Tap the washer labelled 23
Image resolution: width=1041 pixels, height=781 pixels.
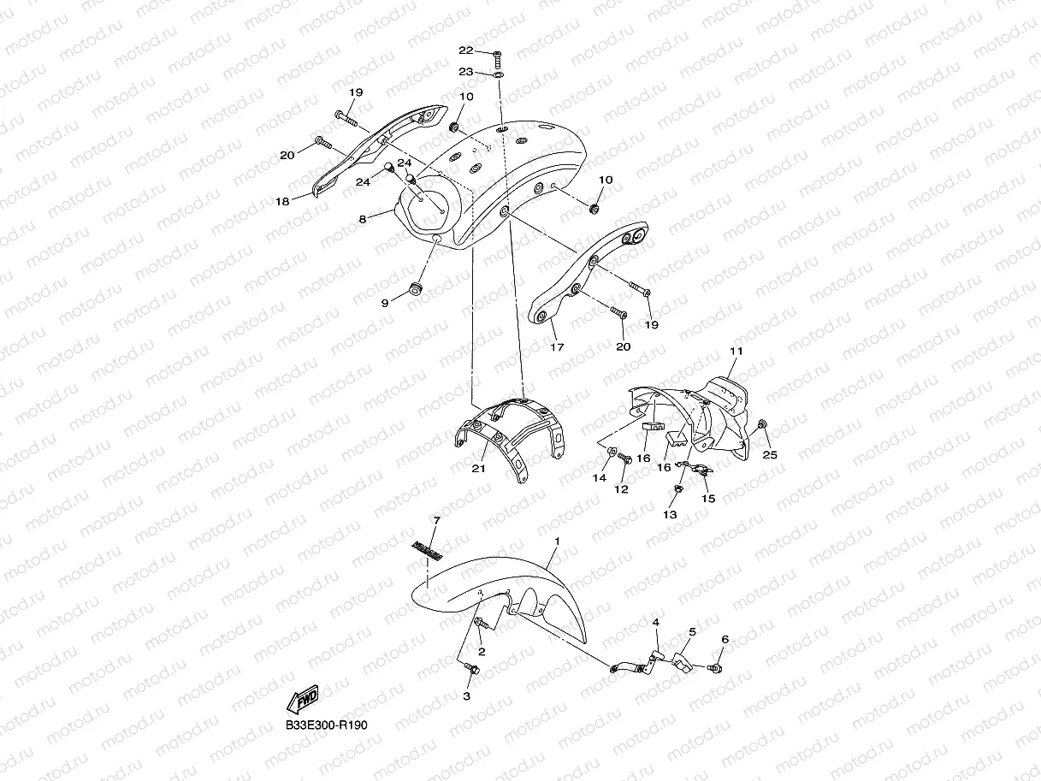[x=498, y=74]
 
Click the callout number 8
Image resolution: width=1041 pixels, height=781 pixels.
[x=363, y=219]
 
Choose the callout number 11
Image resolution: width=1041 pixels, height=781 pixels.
[x=736, y=352]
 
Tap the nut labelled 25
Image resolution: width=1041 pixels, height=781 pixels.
[x=763, y=423]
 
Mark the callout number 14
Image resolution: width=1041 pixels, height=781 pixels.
[x=600, y=477]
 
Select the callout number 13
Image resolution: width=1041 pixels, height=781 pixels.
[x=670, y=514]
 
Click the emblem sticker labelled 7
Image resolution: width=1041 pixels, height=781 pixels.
[x=425, y=552]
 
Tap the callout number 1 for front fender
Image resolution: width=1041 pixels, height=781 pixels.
[x=557, y=541]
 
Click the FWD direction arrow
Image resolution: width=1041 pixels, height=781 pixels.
[x=304, y=699]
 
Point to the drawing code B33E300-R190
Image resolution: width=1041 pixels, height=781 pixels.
[x=328, y=725]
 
